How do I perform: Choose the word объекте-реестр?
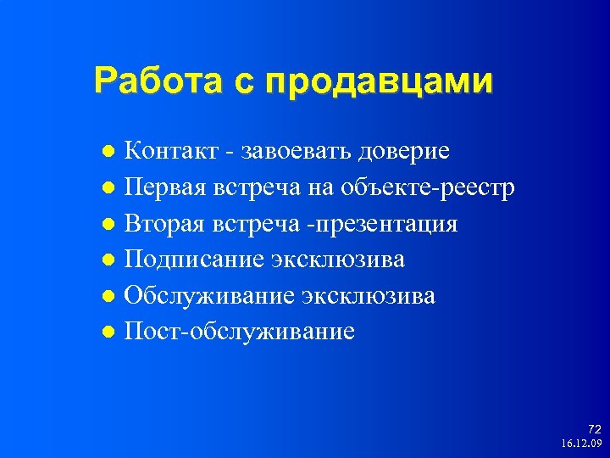tap(435, 187)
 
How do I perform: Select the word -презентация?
tap(380, 225)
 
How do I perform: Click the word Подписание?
tap(194, 260)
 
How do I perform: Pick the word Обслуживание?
tap(208, 295)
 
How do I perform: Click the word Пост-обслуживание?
tap(239, 332)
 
